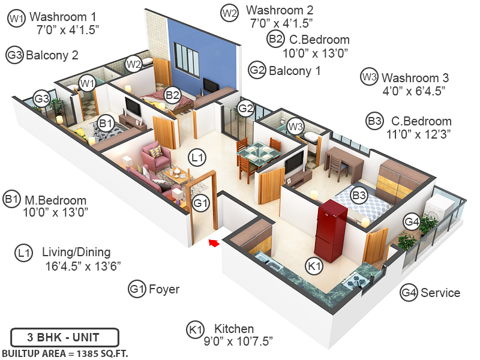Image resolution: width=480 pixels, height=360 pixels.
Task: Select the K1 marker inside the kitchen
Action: point(314,265)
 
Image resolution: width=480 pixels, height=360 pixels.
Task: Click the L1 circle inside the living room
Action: point(196,158)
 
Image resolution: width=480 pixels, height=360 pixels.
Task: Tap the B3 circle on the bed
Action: point(359,195)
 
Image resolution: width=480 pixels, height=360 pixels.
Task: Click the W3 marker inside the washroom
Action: point(294,126)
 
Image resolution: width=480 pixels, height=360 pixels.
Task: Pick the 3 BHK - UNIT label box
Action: point(64,337)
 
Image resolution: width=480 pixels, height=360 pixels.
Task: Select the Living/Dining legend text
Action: point(76,252)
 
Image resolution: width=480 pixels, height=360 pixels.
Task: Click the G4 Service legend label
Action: point(440,293)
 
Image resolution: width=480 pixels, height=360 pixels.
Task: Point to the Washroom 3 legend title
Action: point(415,77)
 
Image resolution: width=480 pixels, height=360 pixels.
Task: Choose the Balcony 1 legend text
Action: point(294,70)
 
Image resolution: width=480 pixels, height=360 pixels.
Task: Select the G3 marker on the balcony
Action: point(41,98)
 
